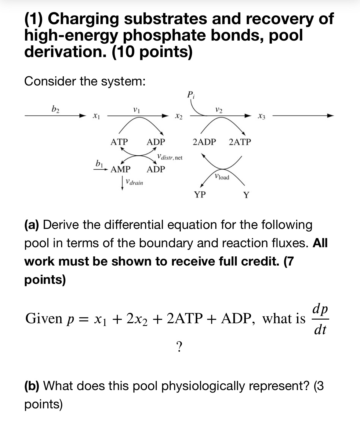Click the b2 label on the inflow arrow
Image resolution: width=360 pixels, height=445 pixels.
[55, 108]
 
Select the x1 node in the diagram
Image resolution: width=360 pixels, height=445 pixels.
[96, 116]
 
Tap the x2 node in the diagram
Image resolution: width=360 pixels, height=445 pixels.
[179, 116]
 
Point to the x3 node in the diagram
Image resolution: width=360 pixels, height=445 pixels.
[262, 116]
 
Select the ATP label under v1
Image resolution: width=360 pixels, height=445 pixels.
[119, 142]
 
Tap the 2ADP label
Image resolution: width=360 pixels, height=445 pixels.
[204, 142]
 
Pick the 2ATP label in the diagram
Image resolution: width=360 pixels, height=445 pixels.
[240, 142]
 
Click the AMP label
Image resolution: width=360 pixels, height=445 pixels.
[120, 169]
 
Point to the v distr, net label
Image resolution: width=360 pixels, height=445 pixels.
[169, 157]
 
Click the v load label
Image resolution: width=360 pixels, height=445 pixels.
[222, 177]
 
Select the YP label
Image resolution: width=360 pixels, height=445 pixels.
[200, 194]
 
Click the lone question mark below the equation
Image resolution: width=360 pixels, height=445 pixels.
[180, 347]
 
